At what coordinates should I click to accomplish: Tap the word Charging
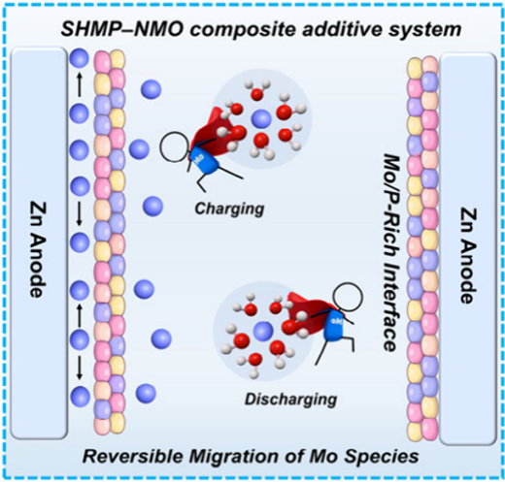click(229, 209)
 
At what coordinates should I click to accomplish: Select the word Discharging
click(290, 400)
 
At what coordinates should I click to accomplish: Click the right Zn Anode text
click(468, 255)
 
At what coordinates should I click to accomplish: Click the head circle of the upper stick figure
click(175, 147)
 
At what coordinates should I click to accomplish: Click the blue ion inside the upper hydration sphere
click(261, 118)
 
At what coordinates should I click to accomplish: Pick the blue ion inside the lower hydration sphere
click(263, 332)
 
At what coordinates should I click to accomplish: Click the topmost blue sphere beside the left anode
click(79, 58)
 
